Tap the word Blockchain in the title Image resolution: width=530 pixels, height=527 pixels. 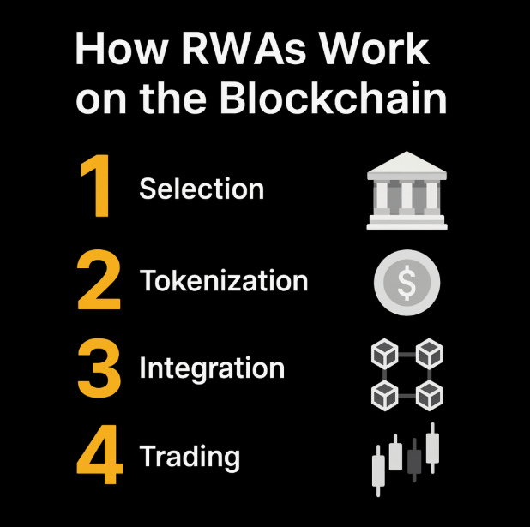point(334,97)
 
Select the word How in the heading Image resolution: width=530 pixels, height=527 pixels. point(121,48)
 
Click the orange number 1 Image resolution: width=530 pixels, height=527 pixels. point(96,185)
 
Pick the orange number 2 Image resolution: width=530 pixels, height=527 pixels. point(99,279)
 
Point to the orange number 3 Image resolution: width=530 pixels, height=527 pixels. point(99,368)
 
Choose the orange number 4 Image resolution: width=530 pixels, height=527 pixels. point(100,454)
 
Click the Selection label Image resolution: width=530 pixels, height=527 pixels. point(202,189)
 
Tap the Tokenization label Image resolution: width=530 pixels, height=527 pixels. point(224,280)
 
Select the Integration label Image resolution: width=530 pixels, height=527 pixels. point(212,368)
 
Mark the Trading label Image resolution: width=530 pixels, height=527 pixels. point(190,456)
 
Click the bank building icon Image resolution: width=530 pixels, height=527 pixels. point(407,190)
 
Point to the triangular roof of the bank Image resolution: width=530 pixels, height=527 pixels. point(407,162)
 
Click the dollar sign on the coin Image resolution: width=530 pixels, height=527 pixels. point(407,283)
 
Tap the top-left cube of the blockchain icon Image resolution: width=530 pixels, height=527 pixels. point(385,354)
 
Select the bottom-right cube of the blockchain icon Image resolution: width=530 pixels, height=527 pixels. point(429,396)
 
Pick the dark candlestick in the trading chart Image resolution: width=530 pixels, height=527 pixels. point(414,460)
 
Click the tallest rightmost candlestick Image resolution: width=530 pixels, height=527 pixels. point(432,447)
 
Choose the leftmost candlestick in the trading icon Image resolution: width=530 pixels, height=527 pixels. point(378,471)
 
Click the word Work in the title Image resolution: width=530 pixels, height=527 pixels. point(374,48)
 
